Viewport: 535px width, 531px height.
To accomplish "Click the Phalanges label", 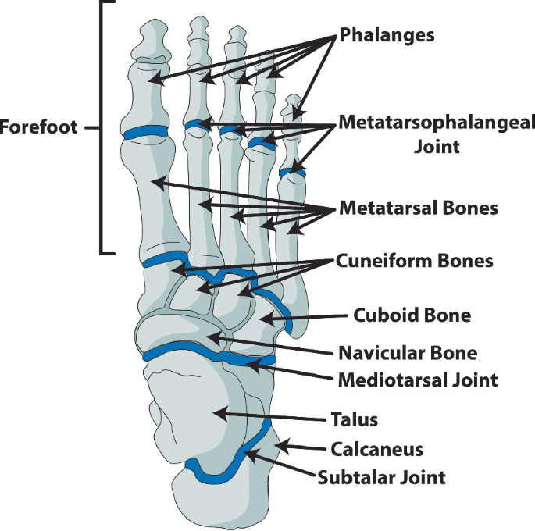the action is [387, 35].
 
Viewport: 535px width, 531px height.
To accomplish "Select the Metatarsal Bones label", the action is [419, 209].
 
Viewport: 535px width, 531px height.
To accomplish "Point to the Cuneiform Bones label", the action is [415, 261].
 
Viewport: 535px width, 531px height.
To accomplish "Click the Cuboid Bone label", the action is [412, 315].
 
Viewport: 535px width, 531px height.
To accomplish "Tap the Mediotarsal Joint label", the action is [417, 380].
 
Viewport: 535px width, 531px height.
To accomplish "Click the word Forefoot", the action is [39, 127].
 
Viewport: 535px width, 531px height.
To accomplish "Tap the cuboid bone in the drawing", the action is [269, 316].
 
